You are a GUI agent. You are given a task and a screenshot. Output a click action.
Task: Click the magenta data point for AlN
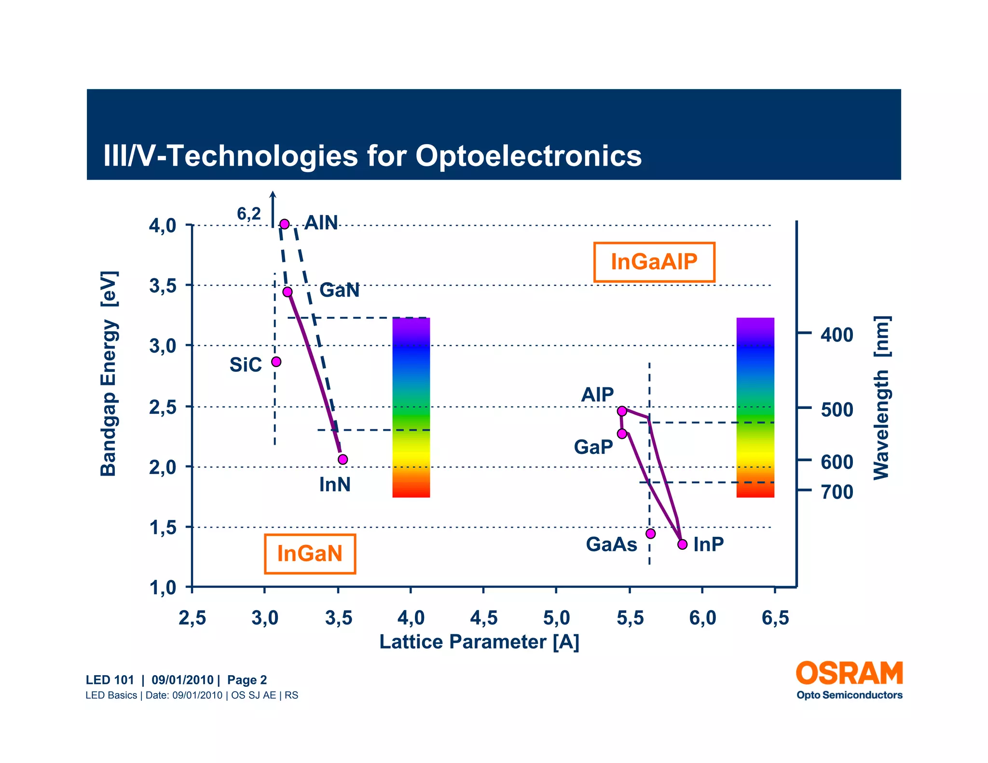coord(285,224)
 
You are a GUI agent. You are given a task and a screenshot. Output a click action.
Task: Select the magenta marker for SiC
coord(276,362)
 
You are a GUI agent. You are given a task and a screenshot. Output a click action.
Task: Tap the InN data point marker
coord(343,459)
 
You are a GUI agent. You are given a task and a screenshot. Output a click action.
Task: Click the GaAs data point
coord(650,533)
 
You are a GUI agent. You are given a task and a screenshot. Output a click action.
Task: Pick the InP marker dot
coord(682,545)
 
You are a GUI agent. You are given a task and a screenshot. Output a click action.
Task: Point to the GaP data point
coord(622,434)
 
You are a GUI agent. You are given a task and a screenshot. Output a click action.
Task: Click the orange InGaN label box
coord(310,554)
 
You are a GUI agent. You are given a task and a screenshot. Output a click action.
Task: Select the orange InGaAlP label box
coord(654,262)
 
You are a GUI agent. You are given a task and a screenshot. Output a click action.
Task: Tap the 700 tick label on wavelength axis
coord(837,492)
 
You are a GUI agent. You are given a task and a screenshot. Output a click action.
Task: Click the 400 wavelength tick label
coord(837,335)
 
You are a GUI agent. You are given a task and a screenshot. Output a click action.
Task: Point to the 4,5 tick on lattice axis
coord(483,618)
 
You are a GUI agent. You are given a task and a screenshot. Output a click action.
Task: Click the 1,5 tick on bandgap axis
coord(163,528)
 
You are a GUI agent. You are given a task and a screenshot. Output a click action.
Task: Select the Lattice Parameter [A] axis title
coord(479,642)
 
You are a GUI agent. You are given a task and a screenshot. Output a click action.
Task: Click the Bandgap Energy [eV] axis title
coord(109,374)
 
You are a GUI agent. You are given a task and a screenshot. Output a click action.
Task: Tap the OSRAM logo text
coord(849,674)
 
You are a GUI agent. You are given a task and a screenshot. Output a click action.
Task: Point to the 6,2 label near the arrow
coord(248,214)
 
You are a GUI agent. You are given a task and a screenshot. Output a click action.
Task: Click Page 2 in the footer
coord(247,680)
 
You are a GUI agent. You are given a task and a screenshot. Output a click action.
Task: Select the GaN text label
coord(339,290)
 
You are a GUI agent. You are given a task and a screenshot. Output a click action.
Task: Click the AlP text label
coord(597,395)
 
